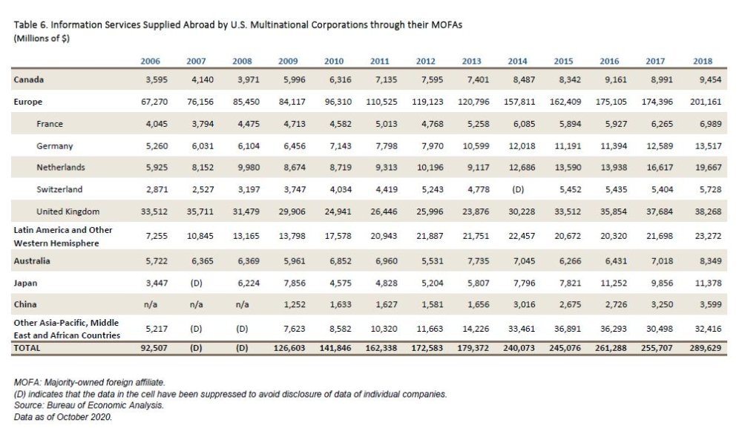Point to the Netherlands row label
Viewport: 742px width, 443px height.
[x=60, y=168]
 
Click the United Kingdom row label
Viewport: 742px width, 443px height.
[x=68, y=211]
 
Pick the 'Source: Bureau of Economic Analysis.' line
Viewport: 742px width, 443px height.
[x=88, y=407]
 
